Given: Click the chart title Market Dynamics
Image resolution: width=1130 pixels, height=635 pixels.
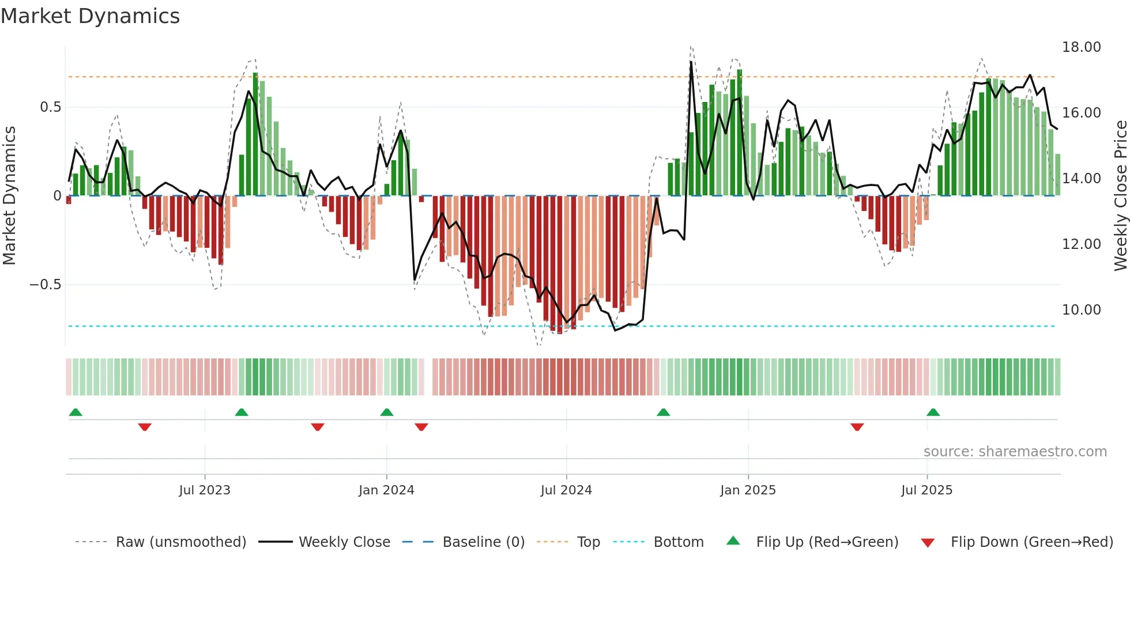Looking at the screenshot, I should (x=90, y=16).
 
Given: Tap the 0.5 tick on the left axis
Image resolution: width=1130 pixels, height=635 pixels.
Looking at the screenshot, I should (x=50, y=107).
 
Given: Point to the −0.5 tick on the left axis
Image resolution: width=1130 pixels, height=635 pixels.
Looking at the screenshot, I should (x=45, y=285).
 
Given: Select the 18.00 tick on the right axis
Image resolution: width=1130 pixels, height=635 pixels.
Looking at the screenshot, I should (x=1081, y=47).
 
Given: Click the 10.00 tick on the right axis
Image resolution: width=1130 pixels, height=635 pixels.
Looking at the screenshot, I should (x=1081, y=310).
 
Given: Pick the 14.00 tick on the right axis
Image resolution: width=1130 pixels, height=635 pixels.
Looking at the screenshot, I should (x=1081, y=179).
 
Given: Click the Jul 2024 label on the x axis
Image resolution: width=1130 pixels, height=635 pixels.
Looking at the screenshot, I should (x=566, y=490).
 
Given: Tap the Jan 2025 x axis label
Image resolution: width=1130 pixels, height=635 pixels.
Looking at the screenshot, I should (x=748, y=490).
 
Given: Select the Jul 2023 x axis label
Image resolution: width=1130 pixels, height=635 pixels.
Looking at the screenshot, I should (x=205, y=490).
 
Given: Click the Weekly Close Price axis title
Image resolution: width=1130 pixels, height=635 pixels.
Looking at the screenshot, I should (x=1120, y=196).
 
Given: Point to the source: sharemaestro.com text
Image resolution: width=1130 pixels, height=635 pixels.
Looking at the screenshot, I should (x=1015, y=452).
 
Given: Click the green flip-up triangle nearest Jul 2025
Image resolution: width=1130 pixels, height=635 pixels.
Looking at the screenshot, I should (x=933, y=412).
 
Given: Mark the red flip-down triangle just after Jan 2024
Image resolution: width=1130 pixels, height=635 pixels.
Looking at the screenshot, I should (x=421, y=427).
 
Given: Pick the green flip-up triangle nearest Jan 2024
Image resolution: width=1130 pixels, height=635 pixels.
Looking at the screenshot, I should (x=387, y=412).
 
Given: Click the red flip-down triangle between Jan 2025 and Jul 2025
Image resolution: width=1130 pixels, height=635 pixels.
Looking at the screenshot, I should (x=857, y=427).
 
